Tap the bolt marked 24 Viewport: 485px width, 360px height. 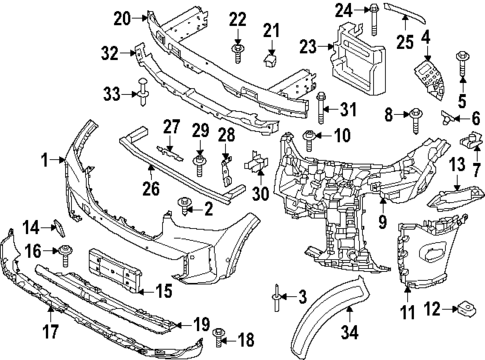(372, 12)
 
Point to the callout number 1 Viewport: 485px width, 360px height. (44, 159)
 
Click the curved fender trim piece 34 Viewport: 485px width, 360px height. (331, 310)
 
